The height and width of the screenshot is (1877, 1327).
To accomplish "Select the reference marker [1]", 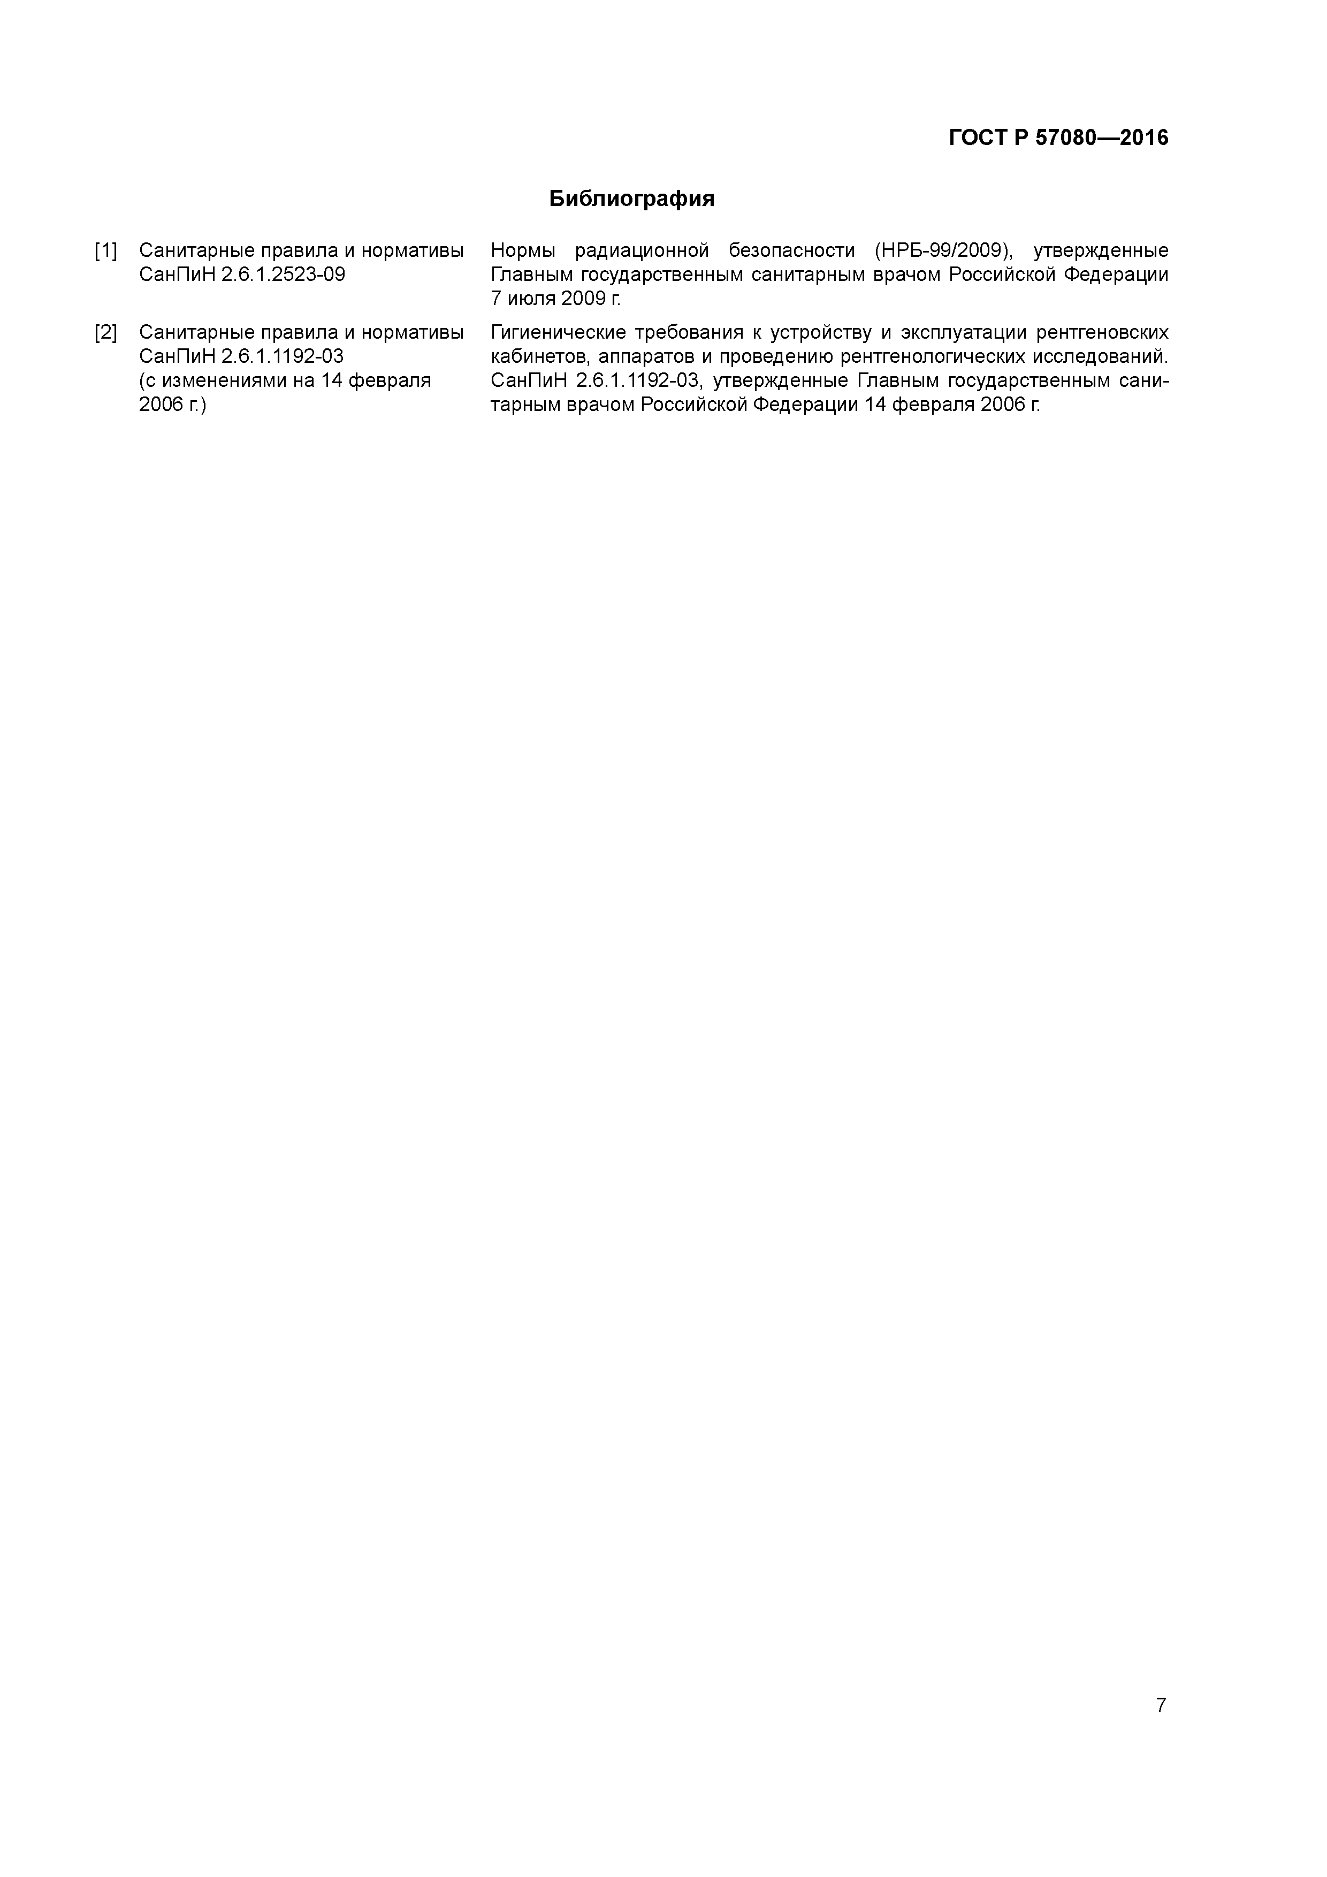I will (105, 250).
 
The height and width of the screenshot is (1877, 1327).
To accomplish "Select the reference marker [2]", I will (105, 333).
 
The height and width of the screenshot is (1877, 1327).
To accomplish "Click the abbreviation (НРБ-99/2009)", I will (945, 250).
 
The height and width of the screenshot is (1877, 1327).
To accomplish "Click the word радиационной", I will (642, 250).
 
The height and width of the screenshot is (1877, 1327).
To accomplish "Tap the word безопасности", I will (791, 250).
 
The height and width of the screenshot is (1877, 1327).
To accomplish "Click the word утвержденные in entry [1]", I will (1101, 250).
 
